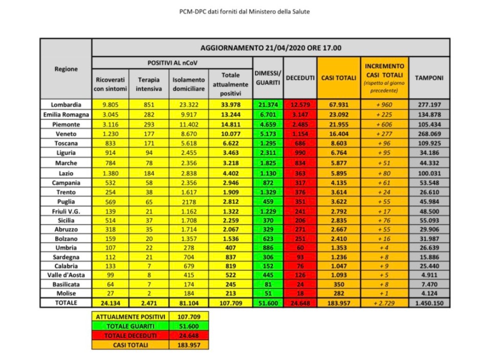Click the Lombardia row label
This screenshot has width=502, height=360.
click(66, 104)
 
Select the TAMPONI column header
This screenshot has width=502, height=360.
click(429, 78)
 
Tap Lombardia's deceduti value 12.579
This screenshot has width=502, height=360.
click(300, 104)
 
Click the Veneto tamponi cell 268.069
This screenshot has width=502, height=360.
click(429, 133)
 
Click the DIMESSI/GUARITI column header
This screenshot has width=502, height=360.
click(268, 78)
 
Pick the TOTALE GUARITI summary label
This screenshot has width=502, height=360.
click(130, 326)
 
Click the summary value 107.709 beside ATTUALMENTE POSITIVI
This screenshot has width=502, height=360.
click(189, 317)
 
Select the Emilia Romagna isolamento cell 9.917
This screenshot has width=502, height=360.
click(189, 114)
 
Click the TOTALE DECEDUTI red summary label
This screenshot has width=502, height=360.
click(130, 335)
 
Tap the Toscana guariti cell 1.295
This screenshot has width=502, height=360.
click(268, 143)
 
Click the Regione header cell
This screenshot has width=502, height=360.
click(66, 69)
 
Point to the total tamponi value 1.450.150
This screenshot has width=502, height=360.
click(429, 303)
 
